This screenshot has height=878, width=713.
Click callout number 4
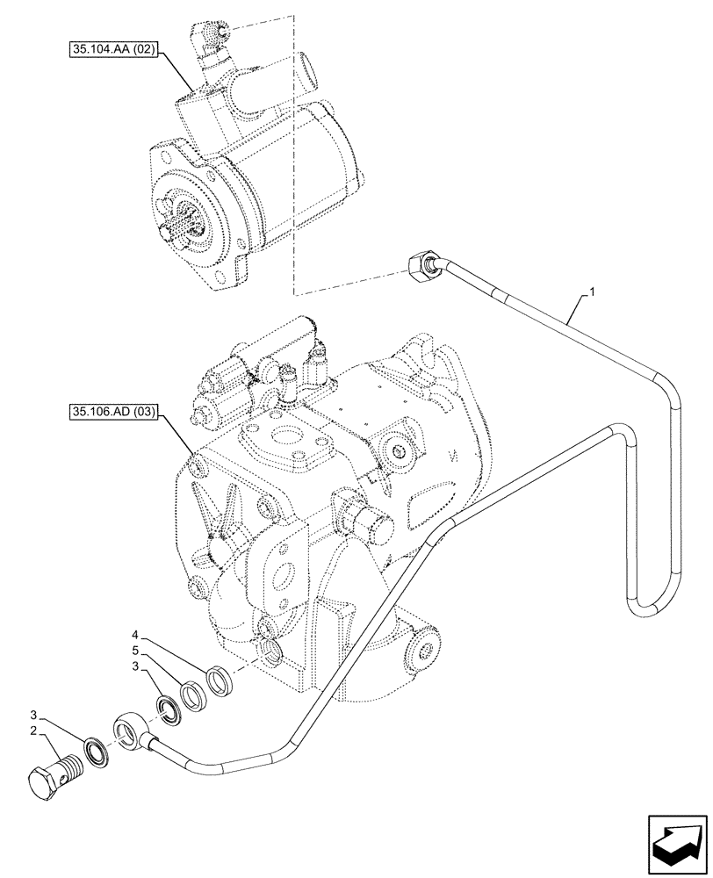coord(134,634)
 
